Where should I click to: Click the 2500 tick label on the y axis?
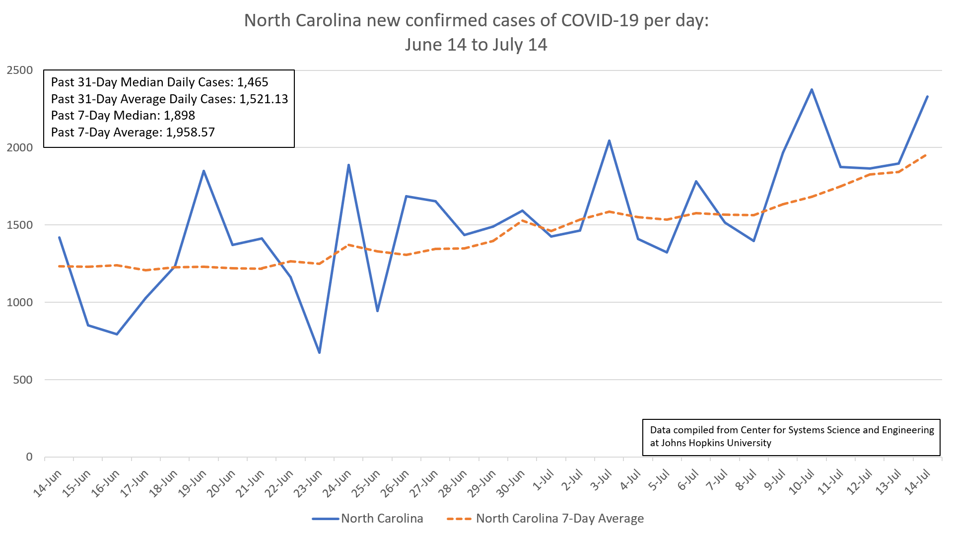[20, 70]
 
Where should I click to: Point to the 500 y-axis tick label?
[23, 380]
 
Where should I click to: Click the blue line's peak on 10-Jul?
[812, 89]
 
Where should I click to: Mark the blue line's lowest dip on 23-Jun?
[319, 353]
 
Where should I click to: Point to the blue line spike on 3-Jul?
[609, 140]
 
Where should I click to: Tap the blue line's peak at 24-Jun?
[348, 165]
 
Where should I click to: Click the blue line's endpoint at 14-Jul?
[928, 96]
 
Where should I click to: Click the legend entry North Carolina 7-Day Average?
[559, 519]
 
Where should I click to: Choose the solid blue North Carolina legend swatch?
[326, 519]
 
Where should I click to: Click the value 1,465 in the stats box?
[252, 82]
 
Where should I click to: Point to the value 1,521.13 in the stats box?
[264, 99]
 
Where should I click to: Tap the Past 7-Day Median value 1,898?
[179, 116]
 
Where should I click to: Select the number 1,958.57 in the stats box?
[190, 133]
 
